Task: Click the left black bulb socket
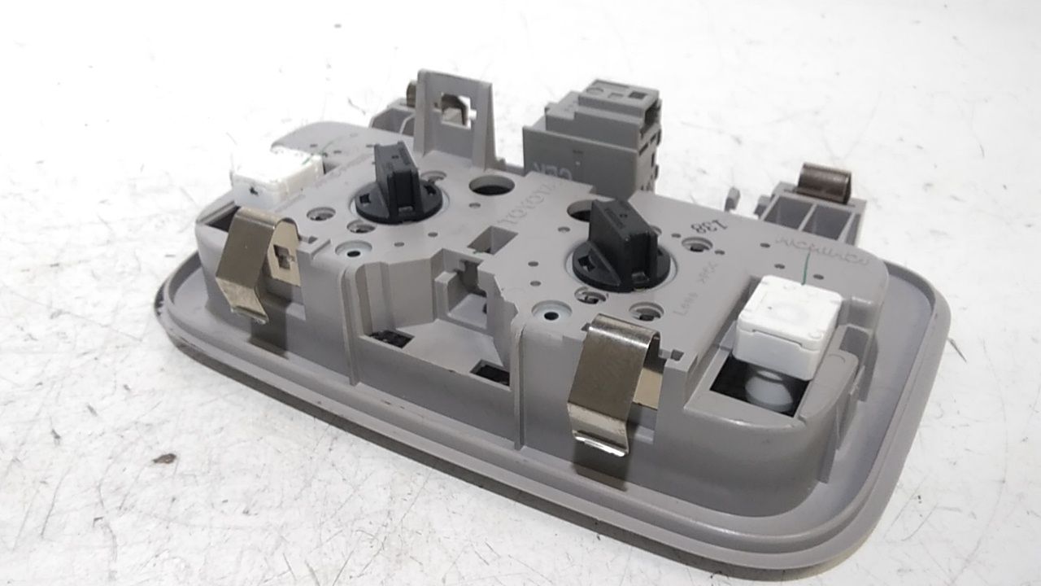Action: tap(399, 185)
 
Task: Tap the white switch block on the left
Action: tap(276, 173)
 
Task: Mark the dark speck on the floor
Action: tap(164, 458)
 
